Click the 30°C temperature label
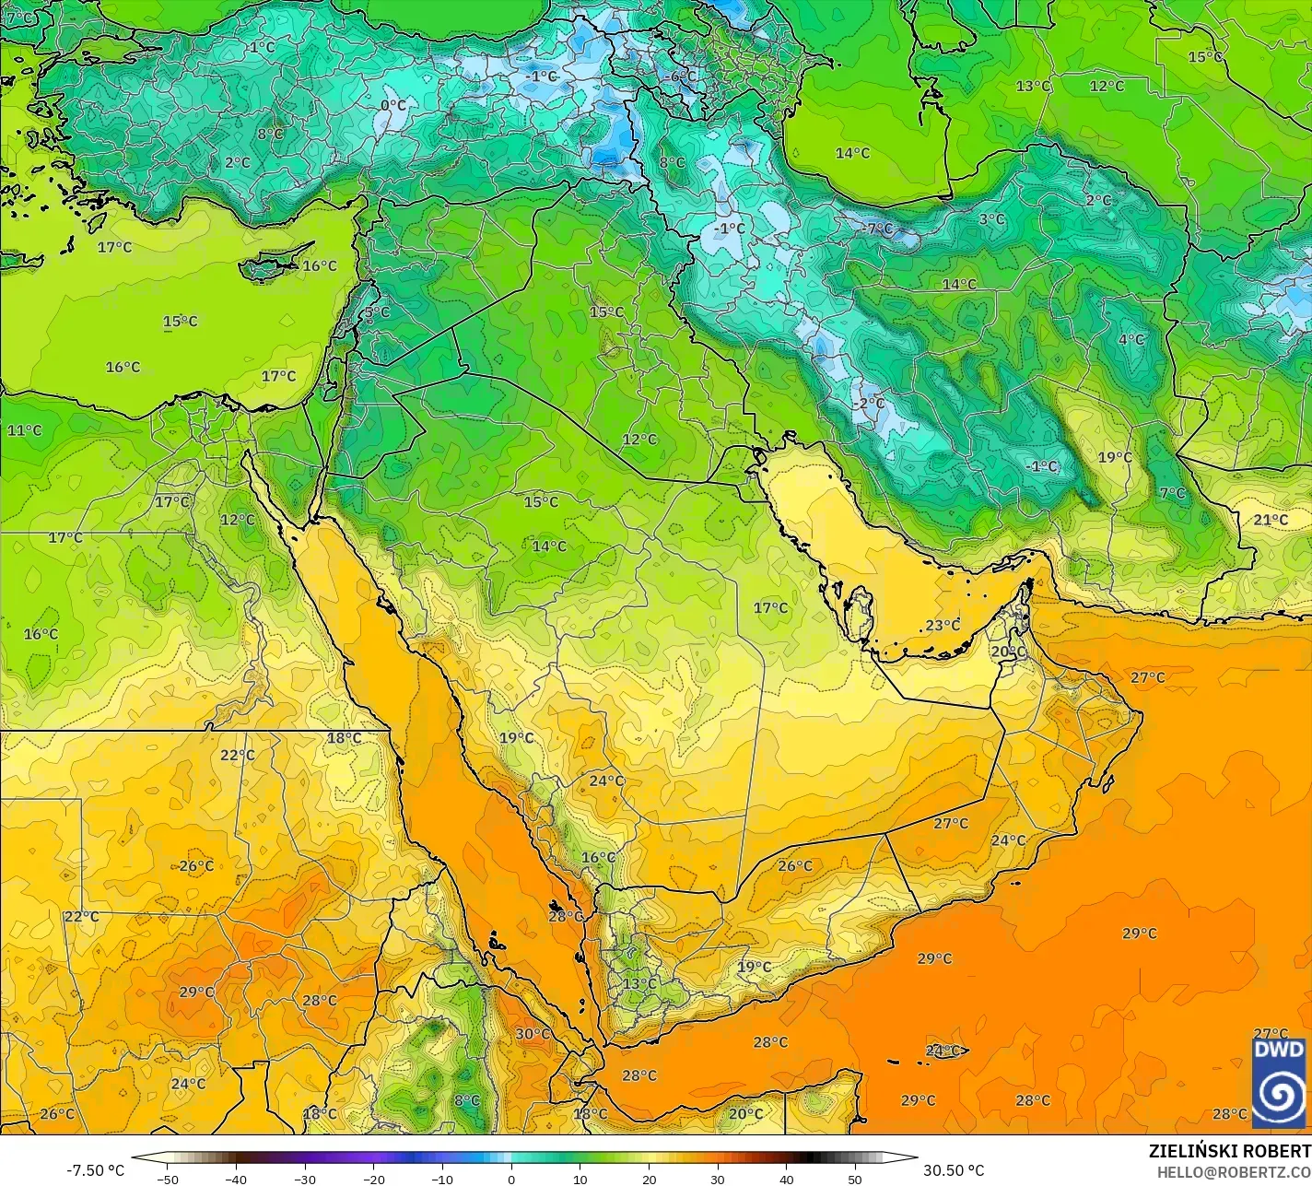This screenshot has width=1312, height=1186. pyautogui.click(x=533, y=1034)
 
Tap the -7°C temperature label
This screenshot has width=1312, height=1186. pyautogui.click(x=878, y=228)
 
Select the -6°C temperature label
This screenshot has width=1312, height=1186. pyautogui.click(x=682, y=76)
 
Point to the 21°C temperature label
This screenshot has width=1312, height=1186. pyautogui.click(x=1271, y=520)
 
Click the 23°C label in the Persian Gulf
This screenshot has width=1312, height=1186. pyautogui.click(x=943, y=626)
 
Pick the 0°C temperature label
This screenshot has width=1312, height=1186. pyautogui.click(x=393, y=105)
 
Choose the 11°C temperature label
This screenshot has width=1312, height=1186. pyautogui.click(x=25, y=430)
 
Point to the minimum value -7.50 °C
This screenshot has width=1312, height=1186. pyautogui.click(x=95, y=1170)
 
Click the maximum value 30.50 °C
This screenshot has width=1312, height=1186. pyautogui.click(x=954, y=1170)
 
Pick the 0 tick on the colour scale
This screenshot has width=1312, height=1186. pyautogui.click(x=511, y=1179)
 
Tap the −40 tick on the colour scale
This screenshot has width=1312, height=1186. pyautogui.click(x=237, y=1179)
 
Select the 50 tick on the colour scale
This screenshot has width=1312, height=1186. pyautogui.click(x=855, y=1179)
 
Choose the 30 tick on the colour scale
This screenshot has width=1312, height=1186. pyautogui.click(x=718, y=1179)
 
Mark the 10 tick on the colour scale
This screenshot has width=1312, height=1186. pyautogui.click(x=580, y=1179)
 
